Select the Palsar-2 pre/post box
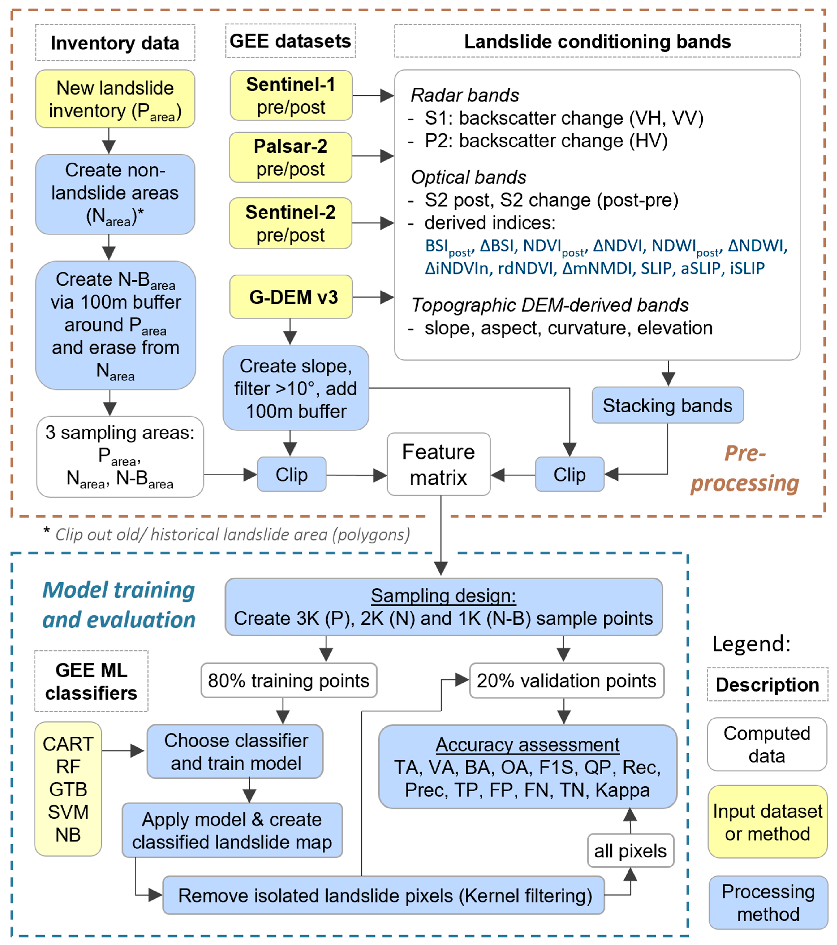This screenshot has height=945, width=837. [x=290, y=157]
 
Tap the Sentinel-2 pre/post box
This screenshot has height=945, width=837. [x=290, y=223]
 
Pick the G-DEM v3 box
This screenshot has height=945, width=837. [x=291, y=297]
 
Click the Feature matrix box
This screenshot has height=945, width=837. [x=438, y=464]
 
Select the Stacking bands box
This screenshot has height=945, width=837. [x=667, y=406]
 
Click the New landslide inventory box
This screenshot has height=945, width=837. [x=115, y=99]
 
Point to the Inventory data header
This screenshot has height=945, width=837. [x=115, y=43]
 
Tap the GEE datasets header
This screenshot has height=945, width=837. [x=290, y=41]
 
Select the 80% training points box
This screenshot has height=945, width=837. [x=289, y=681]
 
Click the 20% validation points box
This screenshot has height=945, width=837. [x=567, y=681]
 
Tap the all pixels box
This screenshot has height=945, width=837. [x=630, y=851]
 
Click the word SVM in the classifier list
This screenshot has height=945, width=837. [x=68, y=812]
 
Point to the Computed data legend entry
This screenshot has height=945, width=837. [x=767, y=744]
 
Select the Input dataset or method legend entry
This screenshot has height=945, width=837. [x=767, y=822]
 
